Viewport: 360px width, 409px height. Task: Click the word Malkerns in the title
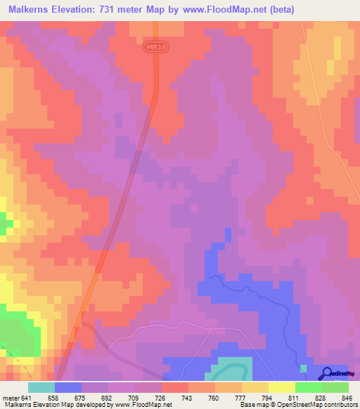pyautogui.click(x=32, y=10)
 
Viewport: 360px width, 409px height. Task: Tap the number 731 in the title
pyautogui.click(x=119, y=10)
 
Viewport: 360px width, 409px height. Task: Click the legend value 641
pyautogui.click(x=25, y=397)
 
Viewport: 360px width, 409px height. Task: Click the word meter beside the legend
pyautogui.click(x=10, y=397)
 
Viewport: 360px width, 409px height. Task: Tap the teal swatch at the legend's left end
pyautogui.click(x=41, y=387)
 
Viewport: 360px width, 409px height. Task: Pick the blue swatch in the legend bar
pyautogui.click(x=68, y=387)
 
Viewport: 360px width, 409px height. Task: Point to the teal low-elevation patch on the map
pyautogui.click(x=231, y=368)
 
